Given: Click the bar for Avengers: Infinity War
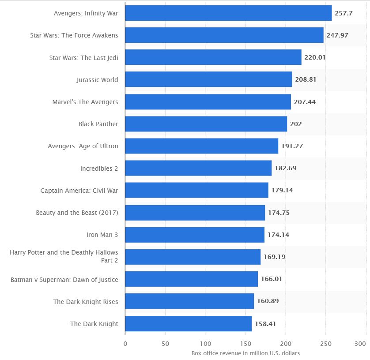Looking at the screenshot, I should coord(228,13).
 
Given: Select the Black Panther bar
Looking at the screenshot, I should coord(206,124).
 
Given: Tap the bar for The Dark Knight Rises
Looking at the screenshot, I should coord(189,301).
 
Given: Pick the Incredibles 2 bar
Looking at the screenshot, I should coord(198,168).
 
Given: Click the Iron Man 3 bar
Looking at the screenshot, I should coord(195,235).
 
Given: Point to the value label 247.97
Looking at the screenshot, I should coord(337,35).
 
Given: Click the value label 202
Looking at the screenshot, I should coord(296,124).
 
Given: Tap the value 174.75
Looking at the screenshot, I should coord(279,213).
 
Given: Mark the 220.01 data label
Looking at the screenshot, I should coord(315,57).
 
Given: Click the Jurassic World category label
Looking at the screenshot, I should coord(97,80).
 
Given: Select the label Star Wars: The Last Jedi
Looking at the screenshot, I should coord(83,57).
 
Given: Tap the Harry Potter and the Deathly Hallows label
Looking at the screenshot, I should coord(64,256).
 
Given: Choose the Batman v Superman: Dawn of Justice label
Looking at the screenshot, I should coord(64,279).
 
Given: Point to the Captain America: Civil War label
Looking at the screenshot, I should coord(79,190).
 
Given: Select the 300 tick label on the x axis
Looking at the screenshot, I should coord(360,343).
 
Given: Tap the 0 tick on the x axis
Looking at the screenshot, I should coord(125,343).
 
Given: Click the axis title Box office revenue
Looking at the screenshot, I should coord(245,353).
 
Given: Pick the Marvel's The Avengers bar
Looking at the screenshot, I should coord(208,102).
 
